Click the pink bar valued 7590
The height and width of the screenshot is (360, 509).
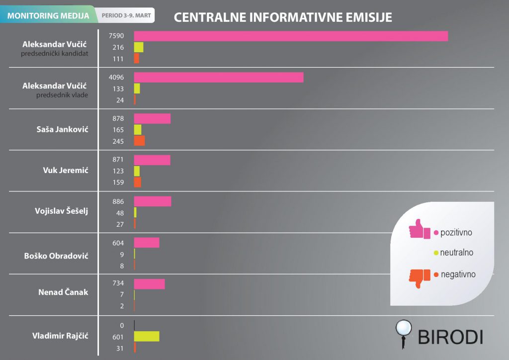[291, 36]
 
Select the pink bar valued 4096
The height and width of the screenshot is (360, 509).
[219, 77]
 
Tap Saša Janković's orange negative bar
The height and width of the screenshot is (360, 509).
[140, 141]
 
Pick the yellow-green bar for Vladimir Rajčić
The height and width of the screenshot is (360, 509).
[147, 336]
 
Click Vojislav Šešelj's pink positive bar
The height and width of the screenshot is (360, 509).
[153, 201]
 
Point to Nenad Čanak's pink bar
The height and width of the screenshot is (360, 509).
[149, 283]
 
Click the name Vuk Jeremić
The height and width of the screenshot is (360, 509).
[66, 170]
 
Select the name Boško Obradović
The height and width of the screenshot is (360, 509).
[56, 256]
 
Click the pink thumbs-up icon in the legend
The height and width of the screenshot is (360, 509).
[419, 230]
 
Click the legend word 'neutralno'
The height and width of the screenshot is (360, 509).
[456, 253]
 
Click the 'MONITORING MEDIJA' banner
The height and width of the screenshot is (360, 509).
[48, 15]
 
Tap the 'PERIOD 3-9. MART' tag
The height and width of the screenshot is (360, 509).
[126, 15]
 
